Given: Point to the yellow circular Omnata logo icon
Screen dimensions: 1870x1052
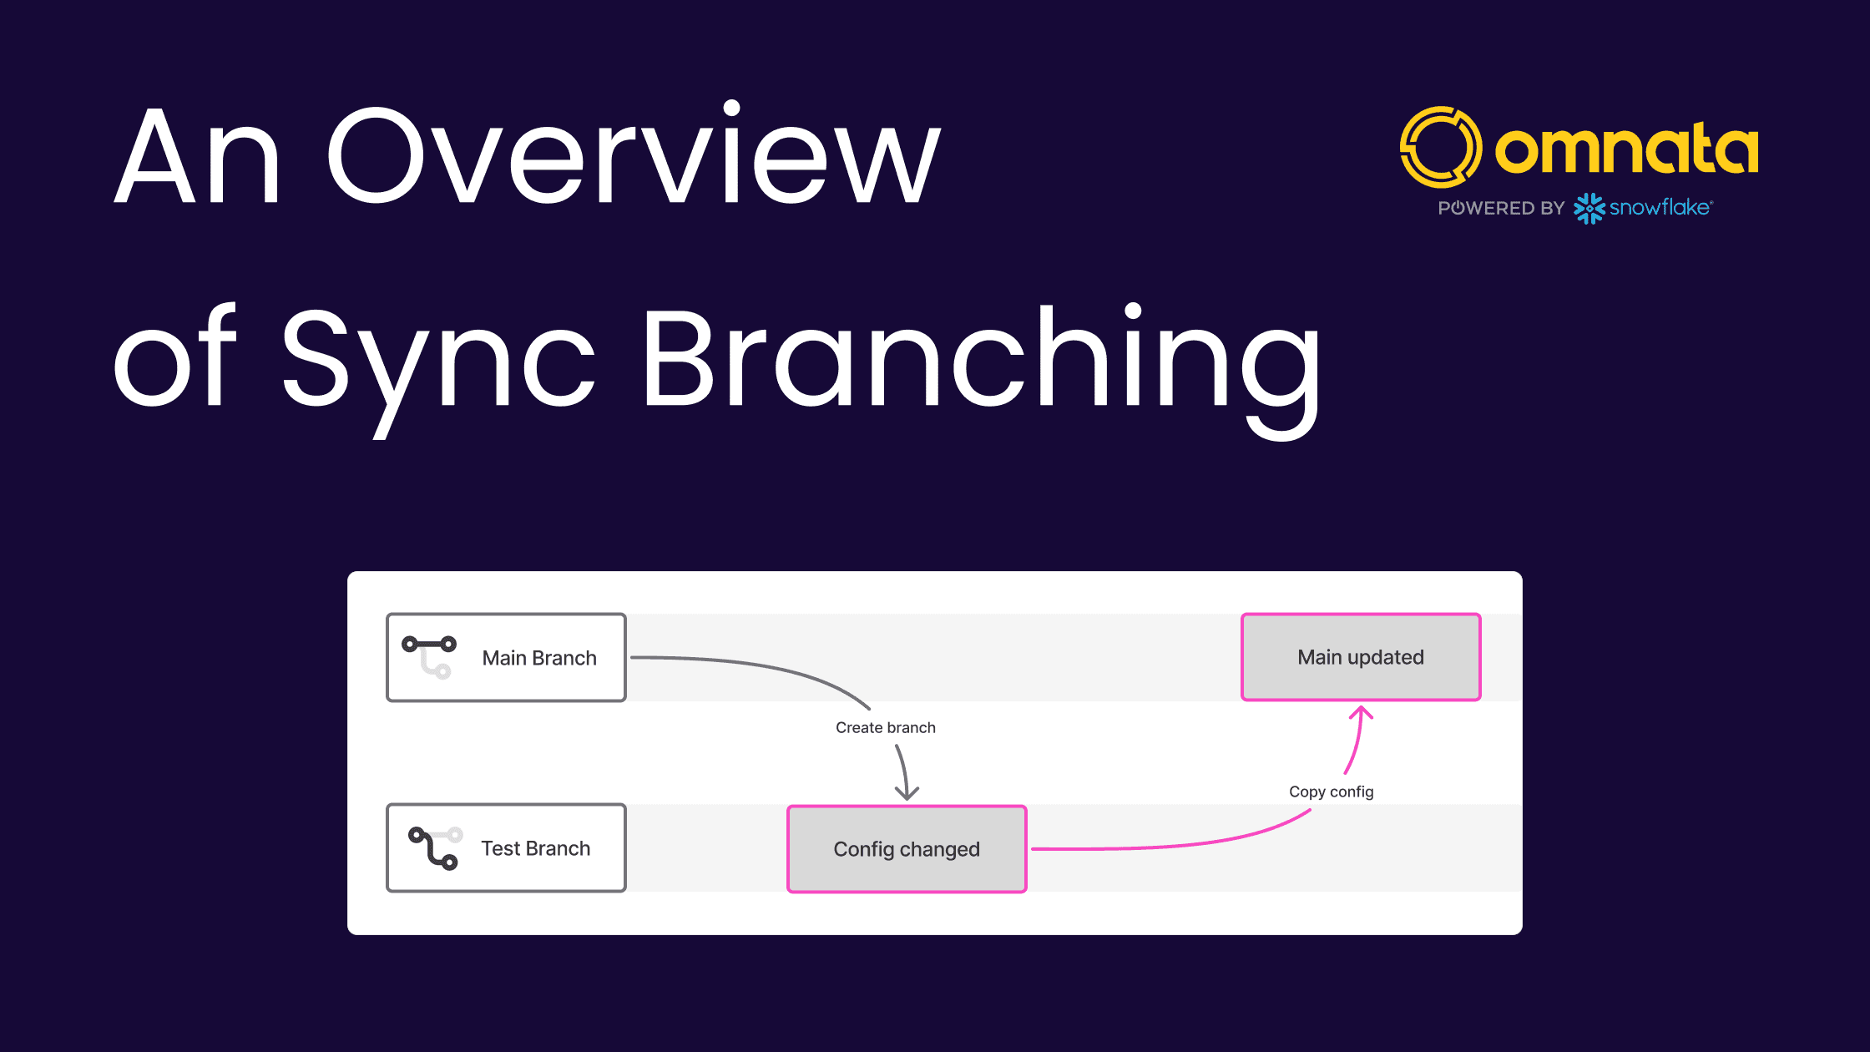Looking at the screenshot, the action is [x=1441, y=147].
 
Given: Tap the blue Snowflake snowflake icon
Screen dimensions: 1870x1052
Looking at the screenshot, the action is [x=1589, y=209].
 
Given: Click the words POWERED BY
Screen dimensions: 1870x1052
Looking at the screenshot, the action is [x=1501, y=208].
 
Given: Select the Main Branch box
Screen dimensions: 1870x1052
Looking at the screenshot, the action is [x=506, y=658].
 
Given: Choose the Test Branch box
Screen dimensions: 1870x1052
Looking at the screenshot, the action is [x=506, y=848].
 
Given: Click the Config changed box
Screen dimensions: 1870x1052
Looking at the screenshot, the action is [x=907, y=849].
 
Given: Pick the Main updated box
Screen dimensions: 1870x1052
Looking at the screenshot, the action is [x=1361, y=657].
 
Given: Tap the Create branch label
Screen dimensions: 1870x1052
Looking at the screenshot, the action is [x=886, y=728].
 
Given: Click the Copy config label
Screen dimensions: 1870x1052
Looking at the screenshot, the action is [x=1332, y=792].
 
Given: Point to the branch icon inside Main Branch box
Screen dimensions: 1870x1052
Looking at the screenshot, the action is [x=429, y=656].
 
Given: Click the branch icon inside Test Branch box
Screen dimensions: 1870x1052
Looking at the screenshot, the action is [x=434, y=848].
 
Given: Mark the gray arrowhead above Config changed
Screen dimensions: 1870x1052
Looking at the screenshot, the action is [x=907, y=792].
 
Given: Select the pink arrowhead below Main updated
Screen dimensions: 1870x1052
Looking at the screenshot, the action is [x=1362, y=712].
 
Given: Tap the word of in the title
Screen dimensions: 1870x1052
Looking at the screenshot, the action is [x=175, y=357].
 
